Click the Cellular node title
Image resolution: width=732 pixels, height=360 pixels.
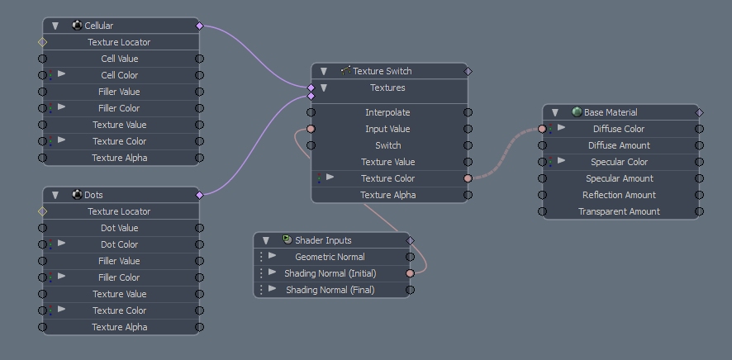click(x=98, y=26)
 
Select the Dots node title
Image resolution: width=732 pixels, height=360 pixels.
click(x=94, y=195)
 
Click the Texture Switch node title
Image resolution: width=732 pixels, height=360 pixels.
click(x=383, y=71)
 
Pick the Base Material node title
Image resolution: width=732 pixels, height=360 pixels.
click(x=611, y=112)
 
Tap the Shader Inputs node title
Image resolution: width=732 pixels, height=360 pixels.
click(x=323, y=240)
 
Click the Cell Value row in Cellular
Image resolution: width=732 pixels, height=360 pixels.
click(x=120, y=59)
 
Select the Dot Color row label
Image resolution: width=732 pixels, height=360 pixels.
click(x=120, y=244)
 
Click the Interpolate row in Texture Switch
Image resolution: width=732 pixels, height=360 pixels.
click(x=387, y=112)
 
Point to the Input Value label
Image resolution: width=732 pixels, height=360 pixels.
click(x=387, y=129)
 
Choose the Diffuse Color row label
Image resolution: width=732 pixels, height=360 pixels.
click(x=619, y=129)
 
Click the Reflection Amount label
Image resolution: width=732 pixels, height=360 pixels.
click(x=619, y=195)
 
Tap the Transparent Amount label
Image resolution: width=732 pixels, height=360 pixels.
click(x=619, y=211)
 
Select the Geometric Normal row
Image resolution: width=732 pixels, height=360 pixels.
click(x=330, y=257)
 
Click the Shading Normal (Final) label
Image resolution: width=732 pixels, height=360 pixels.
click(x=330, y=290)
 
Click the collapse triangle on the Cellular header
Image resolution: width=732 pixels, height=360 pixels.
click(x=55, y=26)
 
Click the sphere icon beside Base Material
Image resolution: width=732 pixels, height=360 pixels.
click(x=577, y=112)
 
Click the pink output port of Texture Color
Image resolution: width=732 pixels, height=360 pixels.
click(x=468, y=178)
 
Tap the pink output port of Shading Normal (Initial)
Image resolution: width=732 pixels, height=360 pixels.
click(x=410, y=273)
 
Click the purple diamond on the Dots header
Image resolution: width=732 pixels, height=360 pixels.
click(x=199, y=195)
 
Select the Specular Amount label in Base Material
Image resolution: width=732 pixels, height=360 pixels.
click(x=619, y=178)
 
